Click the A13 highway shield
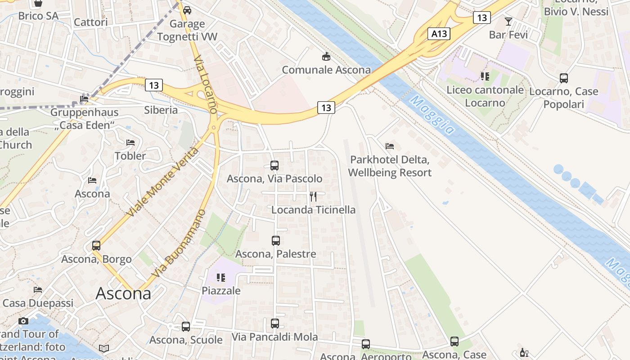(x=439, y=33)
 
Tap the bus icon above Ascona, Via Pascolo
(x=274, y=166)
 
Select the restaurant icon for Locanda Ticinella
(x=313, y=196)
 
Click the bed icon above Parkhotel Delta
(x=390, y=146)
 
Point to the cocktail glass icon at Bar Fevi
(x=508, y=21)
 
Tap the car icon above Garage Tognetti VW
(x=187, y=10)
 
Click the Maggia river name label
(x=432, y=115)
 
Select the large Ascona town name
(x=123, y=293)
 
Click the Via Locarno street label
(x=207, y=84)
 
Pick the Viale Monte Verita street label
(x=164, y=182)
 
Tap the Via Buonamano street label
(x=179, y=243)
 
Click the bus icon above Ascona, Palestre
(x=276, y=241)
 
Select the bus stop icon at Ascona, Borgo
(x=96, y=246)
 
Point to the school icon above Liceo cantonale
(x=485, y=76)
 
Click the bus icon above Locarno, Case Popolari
(x=564, y=78)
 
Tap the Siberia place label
(x=161, y=110)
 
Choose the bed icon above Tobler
(x=130, y=143)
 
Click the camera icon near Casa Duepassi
(x=23, y=321)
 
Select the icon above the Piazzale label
(x=220, y=277)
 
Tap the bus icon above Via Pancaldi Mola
(x=275, y=323)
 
